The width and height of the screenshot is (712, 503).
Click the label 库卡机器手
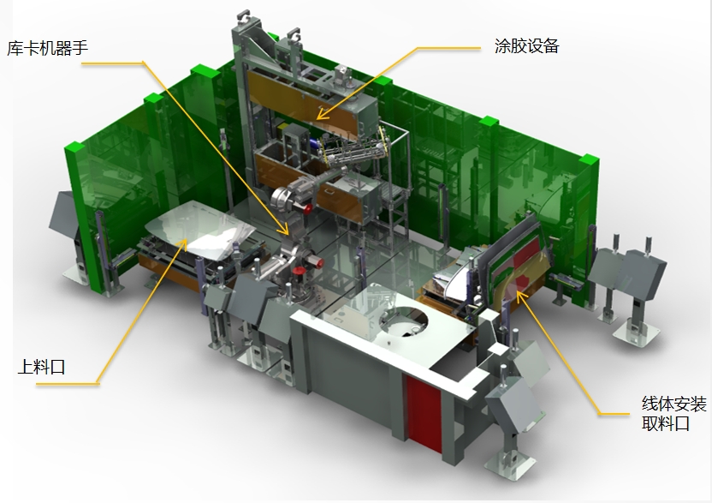click(47, 48)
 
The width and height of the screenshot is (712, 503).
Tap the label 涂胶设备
click(527, 46)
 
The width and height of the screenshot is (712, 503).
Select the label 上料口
click(41, 367)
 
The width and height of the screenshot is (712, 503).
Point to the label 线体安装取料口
click(673, 413)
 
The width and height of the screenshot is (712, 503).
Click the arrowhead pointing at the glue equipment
click(321, 114)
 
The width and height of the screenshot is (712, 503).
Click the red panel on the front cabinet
click(424, 414)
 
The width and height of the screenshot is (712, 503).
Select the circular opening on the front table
click(403, 321)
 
